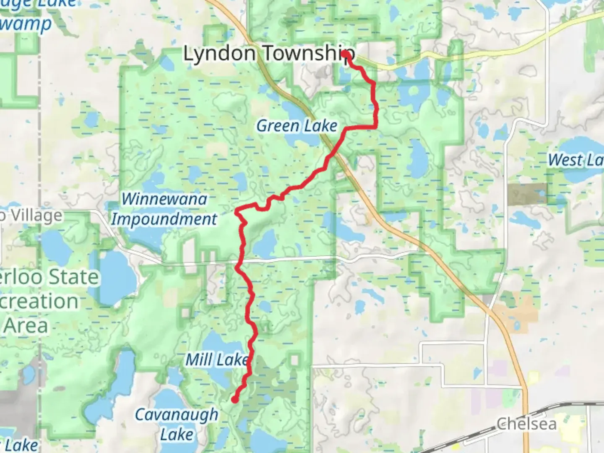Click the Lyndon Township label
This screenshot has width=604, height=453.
click(268, 54)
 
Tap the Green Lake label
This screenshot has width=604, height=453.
click(297, 125)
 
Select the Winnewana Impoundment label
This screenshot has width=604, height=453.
click(164, 209)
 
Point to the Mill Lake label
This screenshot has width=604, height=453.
click(217, 359)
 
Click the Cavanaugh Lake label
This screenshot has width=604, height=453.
click(177, 424)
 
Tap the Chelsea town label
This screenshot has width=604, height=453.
click(526, 424)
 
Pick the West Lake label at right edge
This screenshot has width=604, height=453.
click(575, 160)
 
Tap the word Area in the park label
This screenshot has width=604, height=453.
click(26, 325)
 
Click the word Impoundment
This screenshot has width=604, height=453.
click(164, 219)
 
